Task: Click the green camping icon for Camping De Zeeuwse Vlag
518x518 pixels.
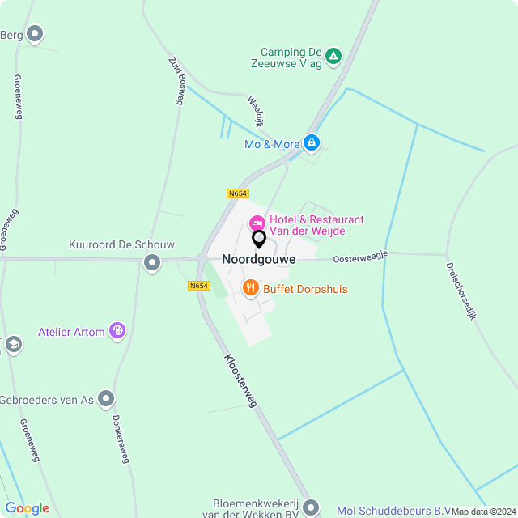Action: [333, 56]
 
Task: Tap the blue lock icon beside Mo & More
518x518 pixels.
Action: [312, 143]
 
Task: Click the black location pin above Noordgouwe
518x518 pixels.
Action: [259, 240]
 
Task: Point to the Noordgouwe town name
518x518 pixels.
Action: [259, 259]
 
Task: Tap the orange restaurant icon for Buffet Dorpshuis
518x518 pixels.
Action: [251, 287]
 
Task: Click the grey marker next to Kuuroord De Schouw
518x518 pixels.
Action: [151, 262]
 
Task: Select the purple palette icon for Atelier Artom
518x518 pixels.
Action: [117, 330]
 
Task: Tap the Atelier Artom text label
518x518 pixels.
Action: [72, 331]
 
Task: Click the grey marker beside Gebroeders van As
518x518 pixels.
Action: [106, 398]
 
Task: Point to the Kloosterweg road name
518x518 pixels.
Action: [240, 380]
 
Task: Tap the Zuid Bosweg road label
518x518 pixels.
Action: [178, 79]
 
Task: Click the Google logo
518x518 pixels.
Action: [27, 508]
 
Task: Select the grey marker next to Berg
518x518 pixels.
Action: [35, 34]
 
